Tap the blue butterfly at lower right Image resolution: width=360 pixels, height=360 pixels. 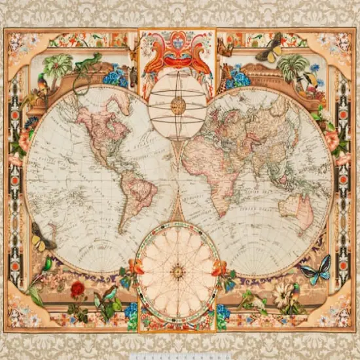point(315,269)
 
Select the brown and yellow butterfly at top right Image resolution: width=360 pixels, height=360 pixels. point(270,50)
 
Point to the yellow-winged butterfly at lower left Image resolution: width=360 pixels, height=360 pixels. point(41,238)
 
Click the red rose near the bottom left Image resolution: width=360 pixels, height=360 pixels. point(78,289)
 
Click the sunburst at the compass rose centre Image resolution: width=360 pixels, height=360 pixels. point(177,270)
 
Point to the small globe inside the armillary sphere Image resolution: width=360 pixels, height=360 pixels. point(177,104)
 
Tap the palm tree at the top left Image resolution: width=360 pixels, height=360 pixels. point(60,65)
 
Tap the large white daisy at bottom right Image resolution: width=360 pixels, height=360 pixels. point(285,295)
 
